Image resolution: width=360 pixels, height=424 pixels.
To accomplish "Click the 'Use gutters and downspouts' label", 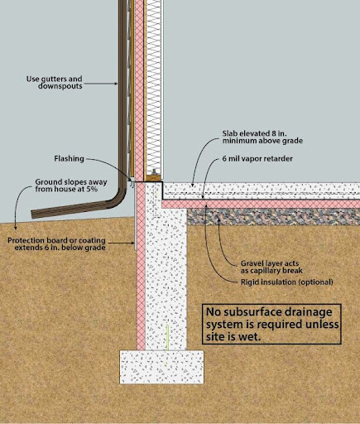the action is [55, 82].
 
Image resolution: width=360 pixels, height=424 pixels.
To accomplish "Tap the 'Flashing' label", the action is [69, 159].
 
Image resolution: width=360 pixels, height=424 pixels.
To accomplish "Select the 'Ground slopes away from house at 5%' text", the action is [71, 185].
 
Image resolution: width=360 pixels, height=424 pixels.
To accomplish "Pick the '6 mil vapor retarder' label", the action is [257, 159].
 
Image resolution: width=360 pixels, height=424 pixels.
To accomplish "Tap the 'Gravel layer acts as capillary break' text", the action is [271, 267].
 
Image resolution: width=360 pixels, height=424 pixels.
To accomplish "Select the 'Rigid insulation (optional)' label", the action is [287, 282].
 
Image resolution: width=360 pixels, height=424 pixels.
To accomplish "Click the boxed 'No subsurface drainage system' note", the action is [271, 324].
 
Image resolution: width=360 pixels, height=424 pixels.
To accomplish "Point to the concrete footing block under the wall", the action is [161, 367].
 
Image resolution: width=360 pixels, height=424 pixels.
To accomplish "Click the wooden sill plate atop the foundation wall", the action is [153, 178].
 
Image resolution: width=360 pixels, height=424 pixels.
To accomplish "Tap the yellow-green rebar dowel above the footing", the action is [167, 337].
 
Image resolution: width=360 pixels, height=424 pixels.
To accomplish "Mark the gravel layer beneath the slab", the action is [273, 217].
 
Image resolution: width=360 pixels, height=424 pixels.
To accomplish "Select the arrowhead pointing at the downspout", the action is [116, 84].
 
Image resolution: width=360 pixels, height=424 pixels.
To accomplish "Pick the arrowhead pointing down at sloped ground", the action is [16, 228].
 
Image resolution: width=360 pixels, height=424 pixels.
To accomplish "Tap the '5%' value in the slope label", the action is [92, 189].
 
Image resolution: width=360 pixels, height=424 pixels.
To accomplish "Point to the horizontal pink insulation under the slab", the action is [261, 205].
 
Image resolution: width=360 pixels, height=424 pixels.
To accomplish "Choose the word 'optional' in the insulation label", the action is [315, 282].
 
